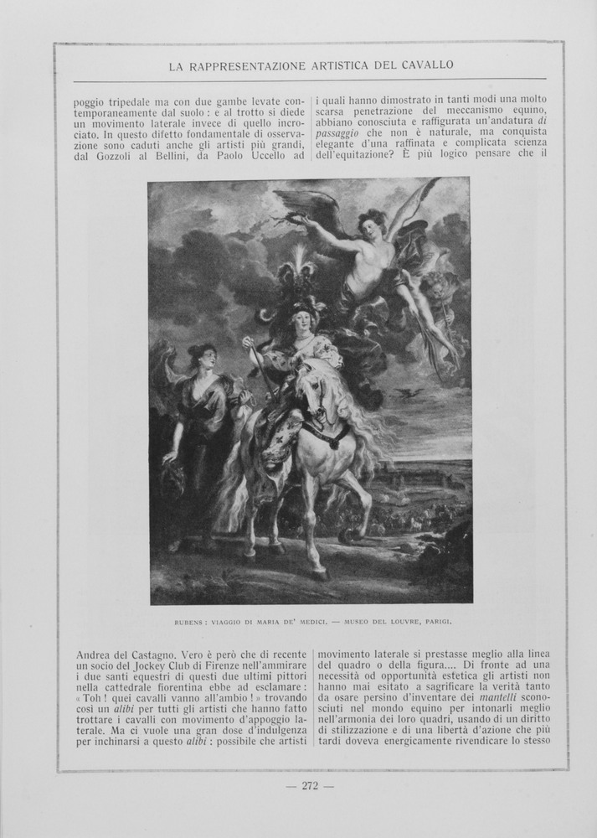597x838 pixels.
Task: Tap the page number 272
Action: tap(310, 785)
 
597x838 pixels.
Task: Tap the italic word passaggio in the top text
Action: tap(337, 133)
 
